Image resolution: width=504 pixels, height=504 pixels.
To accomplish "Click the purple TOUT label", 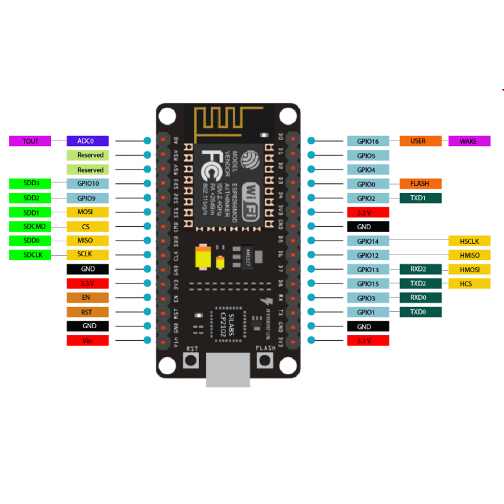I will tap(30, 141).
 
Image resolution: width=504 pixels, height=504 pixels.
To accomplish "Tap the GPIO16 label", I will tap(367, 141).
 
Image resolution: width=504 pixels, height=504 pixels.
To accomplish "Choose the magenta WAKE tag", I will tap(469, 141).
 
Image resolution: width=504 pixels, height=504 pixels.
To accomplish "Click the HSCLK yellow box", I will tap(469, 241).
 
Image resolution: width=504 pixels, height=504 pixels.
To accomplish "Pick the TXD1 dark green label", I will tap(421, 198).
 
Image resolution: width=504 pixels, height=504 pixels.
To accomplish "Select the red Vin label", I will tap(88, 341).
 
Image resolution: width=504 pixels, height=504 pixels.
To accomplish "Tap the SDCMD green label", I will tap(30, 227).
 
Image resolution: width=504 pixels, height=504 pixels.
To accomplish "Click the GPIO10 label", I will tap(88, 184).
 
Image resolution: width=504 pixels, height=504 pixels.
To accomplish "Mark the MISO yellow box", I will tap(88, 241).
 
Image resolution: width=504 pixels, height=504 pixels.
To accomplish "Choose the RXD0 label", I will tap(421, 298).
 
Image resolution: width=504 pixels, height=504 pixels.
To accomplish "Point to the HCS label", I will tap(469, 284).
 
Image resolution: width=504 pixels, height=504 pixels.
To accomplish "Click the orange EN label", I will tap(88, 298).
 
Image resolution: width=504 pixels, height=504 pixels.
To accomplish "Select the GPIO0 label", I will tap(367, 184).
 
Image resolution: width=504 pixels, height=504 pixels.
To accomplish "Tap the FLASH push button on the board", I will tap(265, 361).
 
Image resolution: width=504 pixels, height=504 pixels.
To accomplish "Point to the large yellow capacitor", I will tap(203, 258).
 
